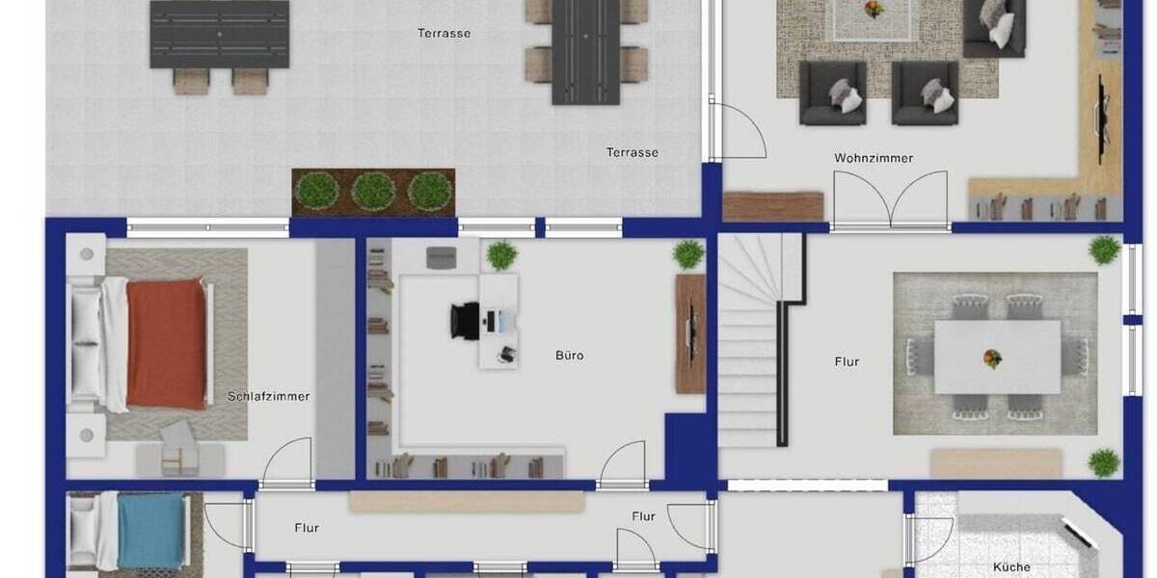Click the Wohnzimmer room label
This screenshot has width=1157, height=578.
874,158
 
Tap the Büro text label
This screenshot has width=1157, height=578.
569,355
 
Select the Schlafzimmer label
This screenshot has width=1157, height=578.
269,396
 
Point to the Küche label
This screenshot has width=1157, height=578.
1011,567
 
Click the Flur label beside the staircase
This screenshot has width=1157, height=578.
847,362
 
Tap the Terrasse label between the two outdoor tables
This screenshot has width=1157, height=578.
444,34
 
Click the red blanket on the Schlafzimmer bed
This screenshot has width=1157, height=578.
167,344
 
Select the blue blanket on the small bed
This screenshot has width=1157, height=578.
151,529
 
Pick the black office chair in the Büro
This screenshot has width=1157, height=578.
465,320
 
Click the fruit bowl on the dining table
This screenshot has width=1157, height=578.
992,358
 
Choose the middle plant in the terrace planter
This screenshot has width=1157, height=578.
372,191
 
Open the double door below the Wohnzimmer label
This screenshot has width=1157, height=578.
890,200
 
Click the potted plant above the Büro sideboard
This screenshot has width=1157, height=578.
687,254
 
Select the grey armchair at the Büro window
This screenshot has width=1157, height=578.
442,256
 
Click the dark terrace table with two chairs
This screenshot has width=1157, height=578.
220,36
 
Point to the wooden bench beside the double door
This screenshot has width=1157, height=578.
772,206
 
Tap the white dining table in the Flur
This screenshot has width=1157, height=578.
997,357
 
